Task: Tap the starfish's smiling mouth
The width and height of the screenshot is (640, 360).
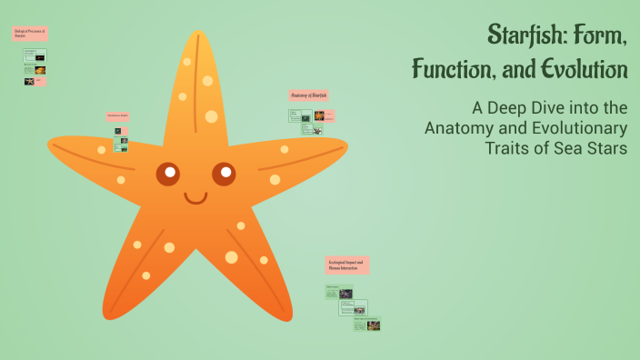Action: pyautogui.click(x=195, y=197)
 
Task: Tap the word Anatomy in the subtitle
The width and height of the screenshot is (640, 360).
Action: pyautogui.click(x=459, y=128)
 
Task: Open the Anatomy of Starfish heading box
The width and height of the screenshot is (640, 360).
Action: pyautogui.click(x=308, y=95)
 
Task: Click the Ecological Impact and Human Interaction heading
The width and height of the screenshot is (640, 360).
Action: pyautogui.click(x=346, y=265)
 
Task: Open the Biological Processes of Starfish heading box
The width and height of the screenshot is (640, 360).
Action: pyautogui.click(x=30, y=34)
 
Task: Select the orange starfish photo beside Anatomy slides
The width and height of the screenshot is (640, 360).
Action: pyautogui.click(x=320, y=115)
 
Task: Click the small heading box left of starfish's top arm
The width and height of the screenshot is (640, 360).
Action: pyautogui.click(x=118, y=116)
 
